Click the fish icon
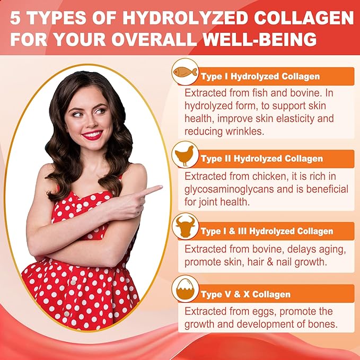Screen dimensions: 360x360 pos(185,72)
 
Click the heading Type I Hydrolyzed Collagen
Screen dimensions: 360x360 pos(260,76)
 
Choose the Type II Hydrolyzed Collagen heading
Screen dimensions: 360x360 pos(262,159)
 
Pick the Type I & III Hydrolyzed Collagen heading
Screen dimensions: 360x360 pos(267,231)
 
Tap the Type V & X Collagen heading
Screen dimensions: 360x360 pos(245,294)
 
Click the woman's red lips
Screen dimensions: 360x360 pos(92,135)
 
